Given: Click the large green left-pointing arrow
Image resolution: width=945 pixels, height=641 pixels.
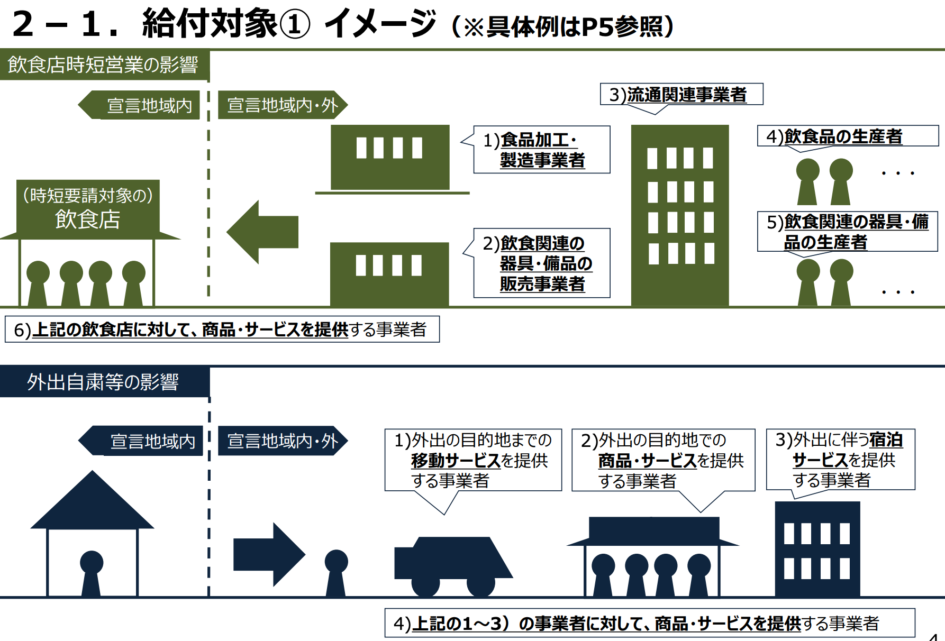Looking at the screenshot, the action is pos(262,232).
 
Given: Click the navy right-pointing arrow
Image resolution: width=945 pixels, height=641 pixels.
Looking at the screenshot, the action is pos(269,554).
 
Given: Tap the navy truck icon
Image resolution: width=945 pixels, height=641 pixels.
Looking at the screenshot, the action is pos(453,566).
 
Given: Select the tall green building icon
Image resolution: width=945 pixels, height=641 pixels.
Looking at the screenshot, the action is pos(680,215).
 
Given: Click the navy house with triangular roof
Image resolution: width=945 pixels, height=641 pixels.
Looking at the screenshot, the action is pos(92,534).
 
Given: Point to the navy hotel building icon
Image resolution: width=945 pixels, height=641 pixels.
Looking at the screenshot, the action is pos(817,550).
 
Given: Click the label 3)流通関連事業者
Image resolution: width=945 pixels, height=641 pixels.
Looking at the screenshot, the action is pos(682,95).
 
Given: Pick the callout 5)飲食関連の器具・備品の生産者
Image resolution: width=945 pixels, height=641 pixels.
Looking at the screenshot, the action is pos(847,232).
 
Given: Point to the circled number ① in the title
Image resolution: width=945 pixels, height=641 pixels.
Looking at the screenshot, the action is pos(294,24).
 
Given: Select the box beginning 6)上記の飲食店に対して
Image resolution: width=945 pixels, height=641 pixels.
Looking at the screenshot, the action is pos(222,329).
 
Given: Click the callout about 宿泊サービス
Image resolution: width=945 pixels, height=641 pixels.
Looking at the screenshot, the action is pos(841,460).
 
